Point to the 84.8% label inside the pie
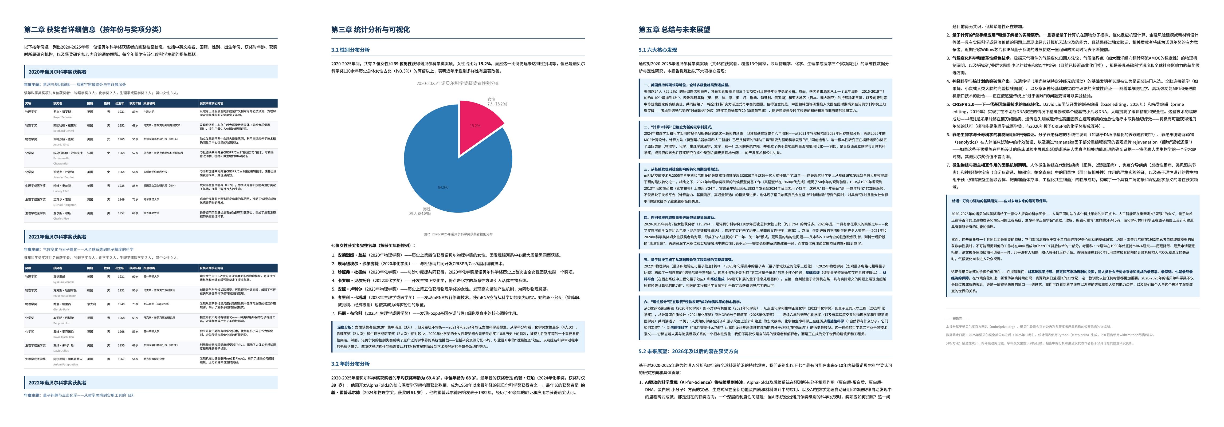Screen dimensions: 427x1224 [443, 187]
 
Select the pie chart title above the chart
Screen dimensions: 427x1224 [458, 83]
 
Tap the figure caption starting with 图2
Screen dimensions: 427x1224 [458, 234]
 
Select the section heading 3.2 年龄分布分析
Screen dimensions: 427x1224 [350, 364]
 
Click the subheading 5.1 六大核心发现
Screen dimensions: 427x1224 [658, 50]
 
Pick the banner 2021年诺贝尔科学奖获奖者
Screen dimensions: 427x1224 [57, 236]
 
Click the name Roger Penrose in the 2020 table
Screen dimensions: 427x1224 [62, 117]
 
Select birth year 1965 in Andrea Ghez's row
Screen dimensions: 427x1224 [121, 139]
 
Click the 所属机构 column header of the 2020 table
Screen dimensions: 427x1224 [149, 103]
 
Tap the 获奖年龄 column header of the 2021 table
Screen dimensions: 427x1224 [135, 268]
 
